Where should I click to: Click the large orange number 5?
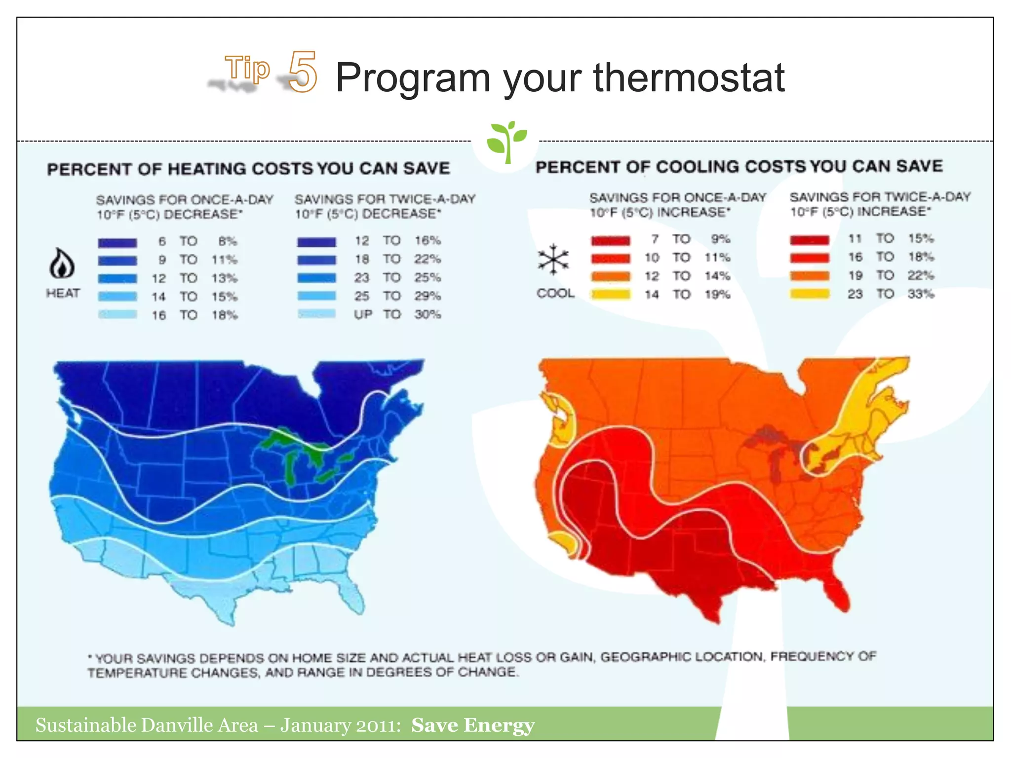[302, 72]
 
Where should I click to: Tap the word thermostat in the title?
[689, 77]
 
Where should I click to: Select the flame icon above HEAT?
[62, 264]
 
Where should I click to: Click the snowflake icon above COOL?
[553, 259]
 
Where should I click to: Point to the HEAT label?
[63, 293]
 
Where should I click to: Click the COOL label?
[555, 293]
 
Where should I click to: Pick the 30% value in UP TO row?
[428, 314]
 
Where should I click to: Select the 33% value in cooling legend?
[921, 294]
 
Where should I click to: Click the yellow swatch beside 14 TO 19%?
[611, 295]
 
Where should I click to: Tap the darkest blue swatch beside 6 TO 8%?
[117, 242]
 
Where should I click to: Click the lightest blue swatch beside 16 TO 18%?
[117, 314]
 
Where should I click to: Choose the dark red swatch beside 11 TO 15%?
[809, 240]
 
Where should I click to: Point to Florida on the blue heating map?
[353, 595]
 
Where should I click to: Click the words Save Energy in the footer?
[472, 725]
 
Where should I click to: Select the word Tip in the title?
[247, 68]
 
